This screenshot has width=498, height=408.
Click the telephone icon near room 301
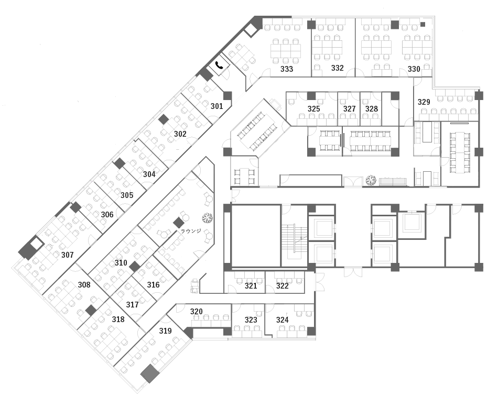[x=219, y=65]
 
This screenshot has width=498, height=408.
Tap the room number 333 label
[x=286, y=69]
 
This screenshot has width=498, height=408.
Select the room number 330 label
[x=414, y=69]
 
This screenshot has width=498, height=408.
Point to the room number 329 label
[x=424, y=102]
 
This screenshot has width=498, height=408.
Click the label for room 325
[x=313, y=109]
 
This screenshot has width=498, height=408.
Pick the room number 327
[x=349, y=109]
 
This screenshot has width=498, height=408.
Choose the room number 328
[x=371, y=109]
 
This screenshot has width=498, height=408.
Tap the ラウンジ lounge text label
[x=191, y=231]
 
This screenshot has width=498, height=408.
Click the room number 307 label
[x=67, y=255]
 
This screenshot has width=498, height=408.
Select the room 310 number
[x=121, y=263]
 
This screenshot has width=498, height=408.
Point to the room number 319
[x=165, y=330]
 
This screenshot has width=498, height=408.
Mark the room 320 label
[x=196, y=312]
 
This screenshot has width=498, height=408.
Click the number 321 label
[x=251, y=286]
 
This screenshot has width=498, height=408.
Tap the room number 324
[x=283, y=320]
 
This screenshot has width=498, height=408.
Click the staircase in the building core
[x=294, y=239]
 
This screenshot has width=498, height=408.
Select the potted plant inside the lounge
[x=208, y=218]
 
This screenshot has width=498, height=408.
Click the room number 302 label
[x=180, y=134]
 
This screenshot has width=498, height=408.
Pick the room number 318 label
[x=118, y=319]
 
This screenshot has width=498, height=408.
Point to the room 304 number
[x=149, y=174]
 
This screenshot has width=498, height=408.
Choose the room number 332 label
[x=337, y=68]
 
